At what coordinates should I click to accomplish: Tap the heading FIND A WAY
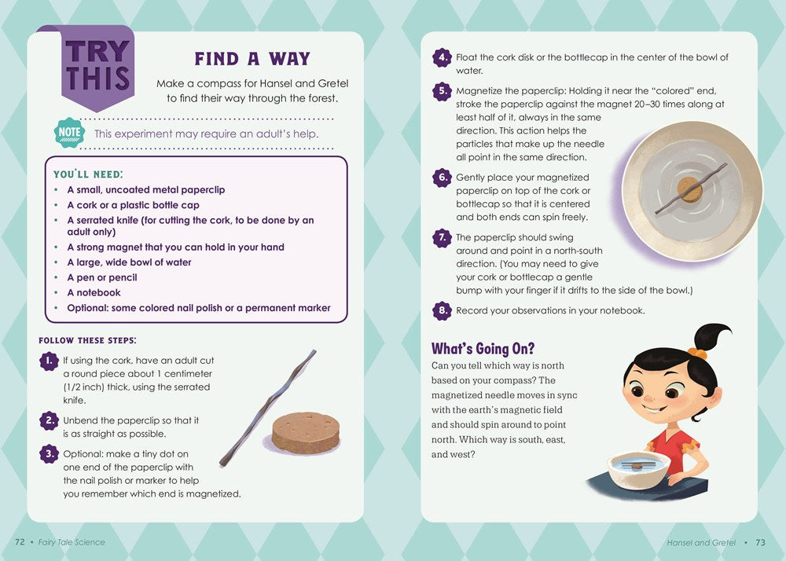tap(252, 59)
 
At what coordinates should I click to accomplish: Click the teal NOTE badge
tap(69, 133)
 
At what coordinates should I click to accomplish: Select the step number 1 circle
tap(49, 361)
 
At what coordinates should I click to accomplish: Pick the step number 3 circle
tap(49, 454)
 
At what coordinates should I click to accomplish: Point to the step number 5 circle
tap(442, 91)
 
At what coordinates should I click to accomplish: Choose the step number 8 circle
tap(442, 310)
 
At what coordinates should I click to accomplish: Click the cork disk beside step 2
tap(305, 433)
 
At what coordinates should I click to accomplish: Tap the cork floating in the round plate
tap(690, 189)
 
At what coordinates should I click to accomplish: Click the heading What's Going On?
tap(483, 348)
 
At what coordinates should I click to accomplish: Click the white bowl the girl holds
tap(638, 469)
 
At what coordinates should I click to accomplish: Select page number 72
tap(20, 542)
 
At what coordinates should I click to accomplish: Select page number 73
tap(760, 542)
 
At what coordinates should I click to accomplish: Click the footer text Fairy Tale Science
tap(72, 542)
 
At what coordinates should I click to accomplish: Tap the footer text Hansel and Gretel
tap(701, 542)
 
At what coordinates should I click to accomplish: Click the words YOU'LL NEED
tap(88, 174)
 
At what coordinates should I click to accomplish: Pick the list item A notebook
tap(94, 292)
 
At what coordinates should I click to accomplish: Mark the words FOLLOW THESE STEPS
tap(87, 341)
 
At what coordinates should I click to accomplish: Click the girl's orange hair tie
tap(697, 353)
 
